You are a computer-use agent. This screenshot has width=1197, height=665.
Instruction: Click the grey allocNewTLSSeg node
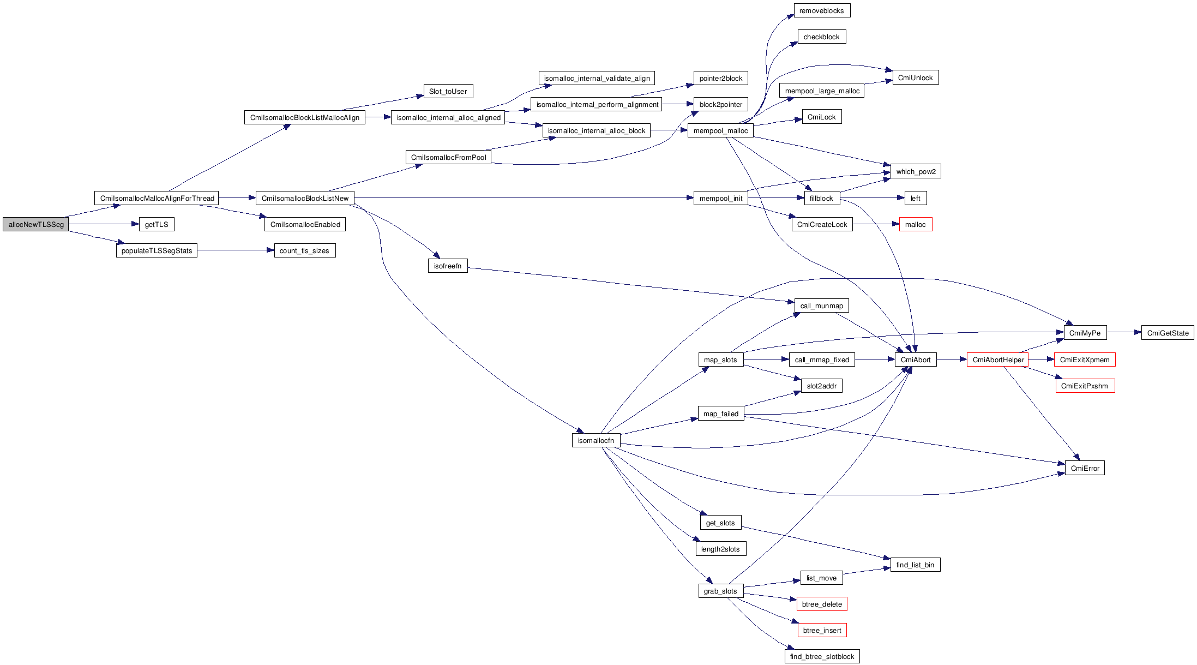tap(36, 224)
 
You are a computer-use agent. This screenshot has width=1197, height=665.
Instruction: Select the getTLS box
tap(157, 224)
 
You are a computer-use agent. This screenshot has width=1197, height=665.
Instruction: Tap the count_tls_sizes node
tap(304, 250)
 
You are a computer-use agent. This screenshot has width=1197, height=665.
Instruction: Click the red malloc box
tap(915, 224)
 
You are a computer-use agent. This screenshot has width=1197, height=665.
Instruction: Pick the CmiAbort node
tap(916, 360)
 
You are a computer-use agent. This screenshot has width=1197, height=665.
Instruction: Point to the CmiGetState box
tap(1167, 333)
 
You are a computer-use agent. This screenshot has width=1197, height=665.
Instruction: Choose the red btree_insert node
tap(822, 630)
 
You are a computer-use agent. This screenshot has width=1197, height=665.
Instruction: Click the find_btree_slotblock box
tap(822, 656)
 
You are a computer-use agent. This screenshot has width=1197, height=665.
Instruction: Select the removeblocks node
tap(821, 10)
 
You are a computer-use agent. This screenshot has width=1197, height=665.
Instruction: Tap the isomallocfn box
tap(596, 440)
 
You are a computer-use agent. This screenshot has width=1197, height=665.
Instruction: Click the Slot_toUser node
tap(448, 91)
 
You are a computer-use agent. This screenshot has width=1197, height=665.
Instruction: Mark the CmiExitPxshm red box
tap(1085, 386)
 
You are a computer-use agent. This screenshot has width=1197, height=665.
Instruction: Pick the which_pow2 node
tap(916, 171)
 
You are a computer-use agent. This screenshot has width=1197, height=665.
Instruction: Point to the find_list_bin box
tap(915, 565)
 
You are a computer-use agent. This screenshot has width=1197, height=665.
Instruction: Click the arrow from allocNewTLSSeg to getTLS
tap(104, 224)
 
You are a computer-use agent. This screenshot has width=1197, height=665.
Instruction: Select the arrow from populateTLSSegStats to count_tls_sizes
tap(234, 250)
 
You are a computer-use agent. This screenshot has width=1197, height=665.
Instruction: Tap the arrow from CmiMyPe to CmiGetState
tap(1123, 332)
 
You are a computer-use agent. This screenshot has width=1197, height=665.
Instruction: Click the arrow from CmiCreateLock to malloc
tap(875, 224)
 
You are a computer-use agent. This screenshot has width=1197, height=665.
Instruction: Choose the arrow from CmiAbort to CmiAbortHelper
tap(952, 360)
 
